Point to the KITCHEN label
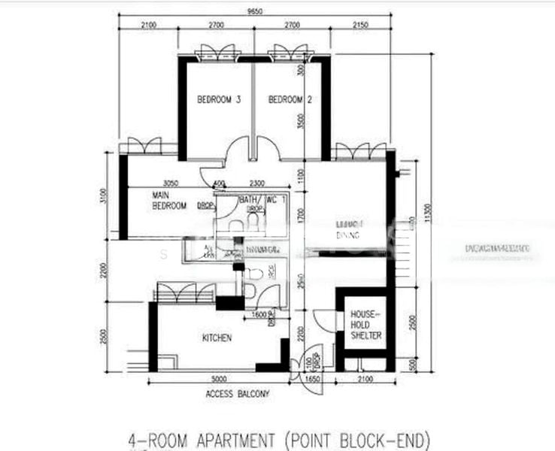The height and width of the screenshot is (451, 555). [x=217, y=338]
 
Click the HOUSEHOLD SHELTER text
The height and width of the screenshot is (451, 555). [x=365, y=325]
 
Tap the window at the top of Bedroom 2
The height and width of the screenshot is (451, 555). [x=290, y=53]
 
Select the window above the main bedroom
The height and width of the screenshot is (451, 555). [x=144, y=146]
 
